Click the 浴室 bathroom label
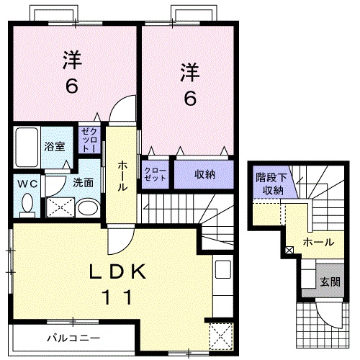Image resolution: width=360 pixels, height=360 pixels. pyautogui.click(x=53, y=146)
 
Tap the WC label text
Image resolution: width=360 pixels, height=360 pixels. pyautogui.click(x=28, y=184)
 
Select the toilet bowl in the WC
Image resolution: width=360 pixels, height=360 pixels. pyautogui.click(x=28, y=205)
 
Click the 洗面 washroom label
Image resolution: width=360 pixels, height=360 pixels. pyautogui.click(x=84, y=183)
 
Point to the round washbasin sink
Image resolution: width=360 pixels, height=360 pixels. pyautogui.click(x=87, y=209)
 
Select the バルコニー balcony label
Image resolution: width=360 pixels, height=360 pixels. pyautogui.click(x=73, y=337)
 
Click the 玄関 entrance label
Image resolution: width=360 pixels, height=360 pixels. pyautogui.click(x=330, y=282)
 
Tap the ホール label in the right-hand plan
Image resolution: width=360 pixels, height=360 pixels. pyautogui.click(x=318, y=242)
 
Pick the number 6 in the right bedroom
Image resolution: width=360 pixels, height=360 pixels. pyautogui.click(x=189, y=98)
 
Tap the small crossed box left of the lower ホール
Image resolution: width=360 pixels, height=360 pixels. pyautogui.click(x=289, y=251)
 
